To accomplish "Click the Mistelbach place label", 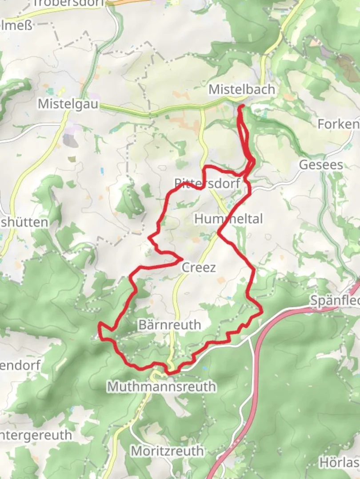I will pos(242,90).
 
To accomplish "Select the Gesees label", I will pos(321,165).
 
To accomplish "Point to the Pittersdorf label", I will pos(207,183).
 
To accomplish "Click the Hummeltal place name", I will pos(228,219).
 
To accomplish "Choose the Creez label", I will pos(199,267).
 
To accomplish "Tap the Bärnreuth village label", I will pos(169,325).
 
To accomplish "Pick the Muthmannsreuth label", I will pos(162,387).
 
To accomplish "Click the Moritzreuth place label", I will pos(167,451).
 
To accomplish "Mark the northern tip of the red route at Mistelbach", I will pos(242,106).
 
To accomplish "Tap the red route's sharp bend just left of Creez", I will pos(182,259).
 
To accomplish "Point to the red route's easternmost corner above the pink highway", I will pos(261,311).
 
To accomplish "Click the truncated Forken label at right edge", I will pos(338,124).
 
